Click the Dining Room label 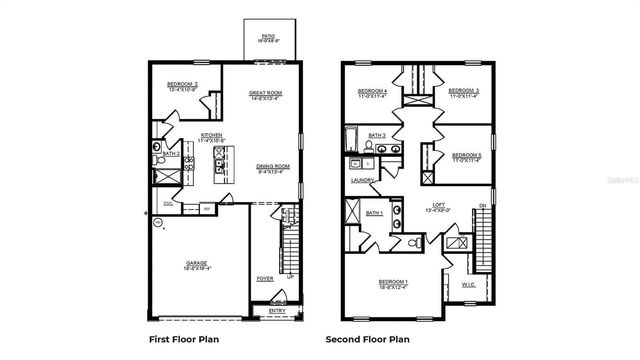(273, 168)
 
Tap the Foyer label (265, 279)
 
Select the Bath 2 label (171, 154)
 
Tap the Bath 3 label (377, 135)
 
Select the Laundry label (362, 181)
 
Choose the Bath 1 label (375, 213)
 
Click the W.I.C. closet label (468, 284)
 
